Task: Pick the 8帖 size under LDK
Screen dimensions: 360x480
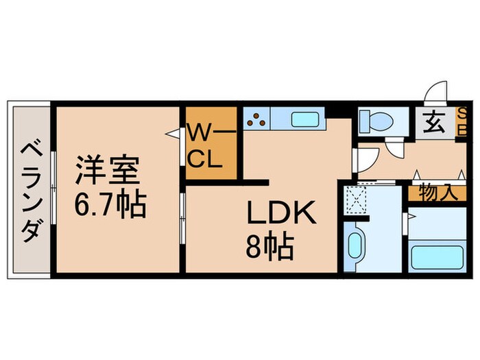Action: (272, 246)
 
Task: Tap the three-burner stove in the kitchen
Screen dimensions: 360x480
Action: (258, 119)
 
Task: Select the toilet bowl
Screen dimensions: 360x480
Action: (376, 119)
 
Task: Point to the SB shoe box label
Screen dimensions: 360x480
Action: (462, 121)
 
